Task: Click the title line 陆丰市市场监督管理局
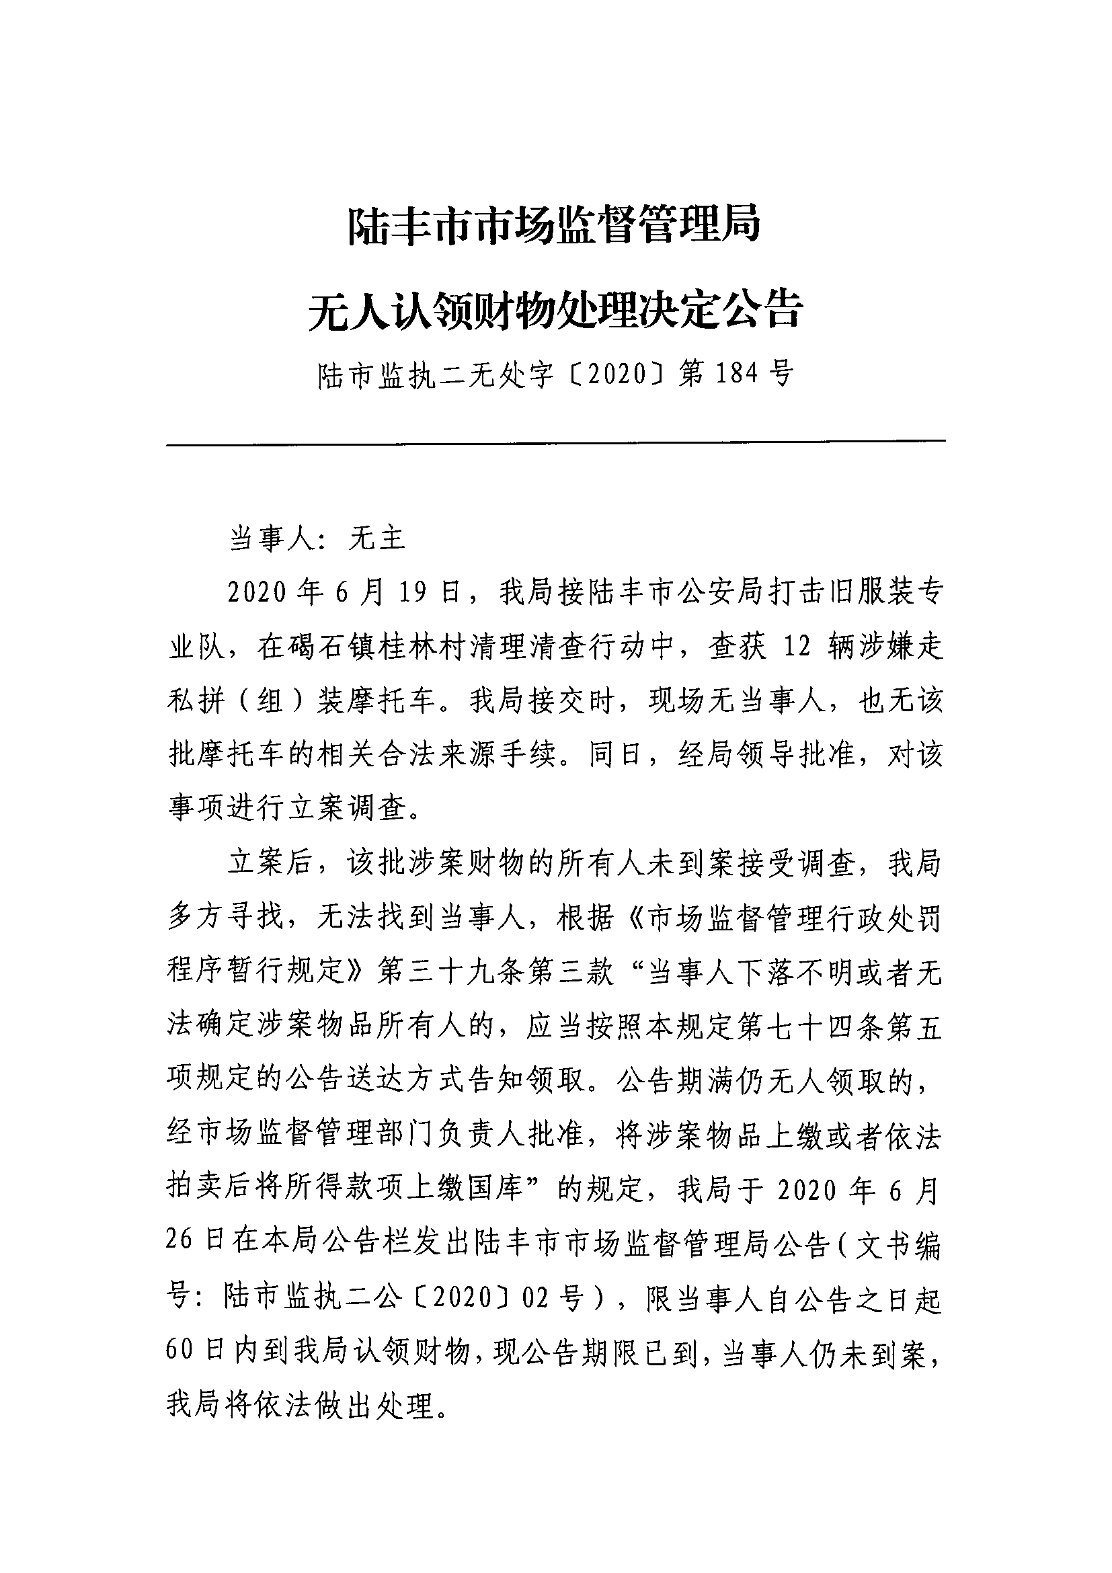pos(555,225)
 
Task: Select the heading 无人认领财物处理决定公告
pos(555,311)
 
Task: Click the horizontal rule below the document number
pos(555,442)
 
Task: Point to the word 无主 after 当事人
pos(378,538)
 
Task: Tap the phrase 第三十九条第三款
pos(496,972)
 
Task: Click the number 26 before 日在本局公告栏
pos(180,1245)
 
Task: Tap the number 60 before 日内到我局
pos(180,1354)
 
